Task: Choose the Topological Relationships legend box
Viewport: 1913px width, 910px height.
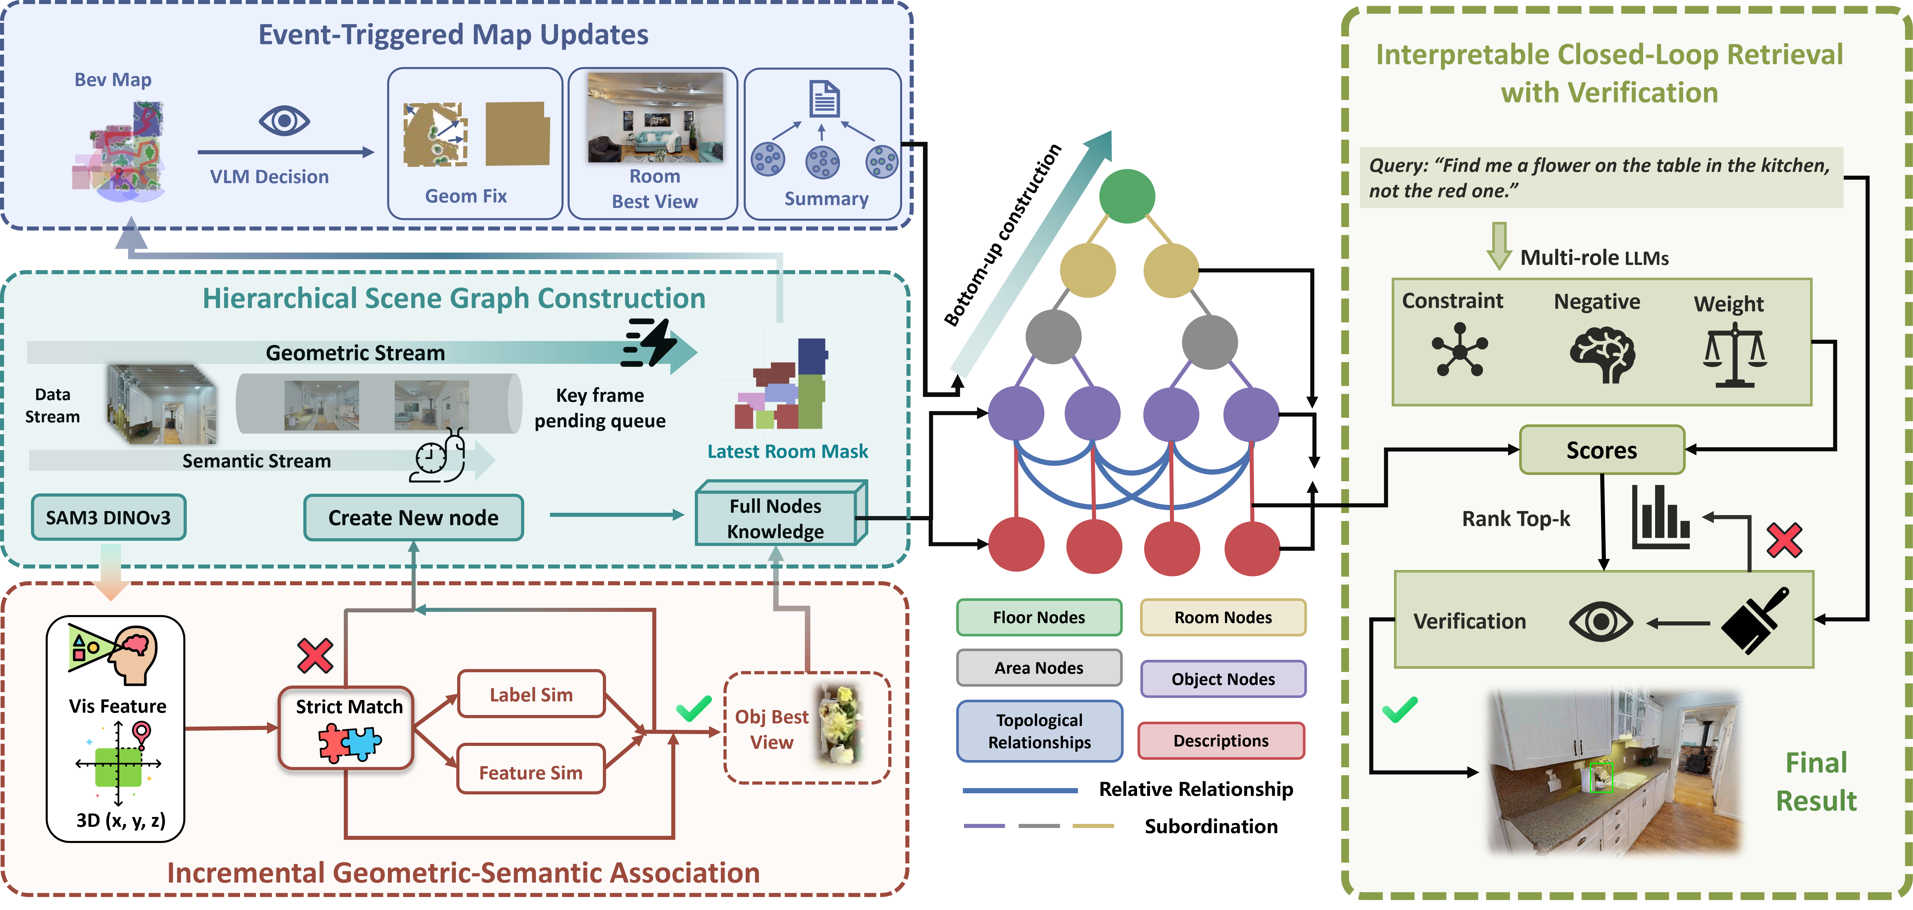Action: click(1039, 731)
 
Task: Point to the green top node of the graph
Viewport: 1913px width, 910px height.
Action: click(1127, 196)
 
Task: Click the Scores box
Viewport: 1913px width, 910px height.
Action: click(1601, 450)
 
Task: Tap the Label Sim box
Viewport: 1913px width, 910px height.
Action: click(531, 695)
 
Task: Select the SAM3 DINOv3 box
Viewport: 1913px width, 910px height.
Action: click(108, 517)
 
